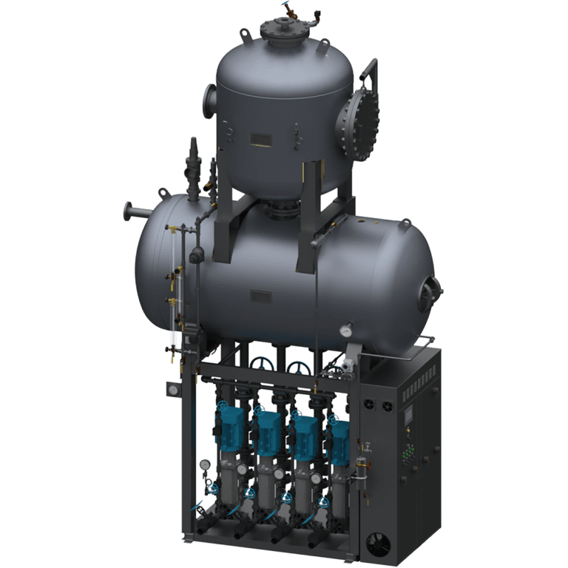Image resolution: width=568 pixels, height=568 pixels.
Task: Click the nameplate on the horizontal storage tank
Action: [x=260, y=296]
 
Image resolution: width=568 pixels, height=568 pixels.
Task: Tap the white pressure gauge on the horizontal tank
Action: [x=345, y=331]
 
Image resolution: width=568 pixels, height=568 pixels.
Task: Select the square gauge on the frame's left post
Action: [x=172, y=389]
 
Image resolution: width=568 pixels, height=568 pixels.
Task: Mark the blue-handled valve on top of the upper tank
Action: [x=286, y=10]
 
